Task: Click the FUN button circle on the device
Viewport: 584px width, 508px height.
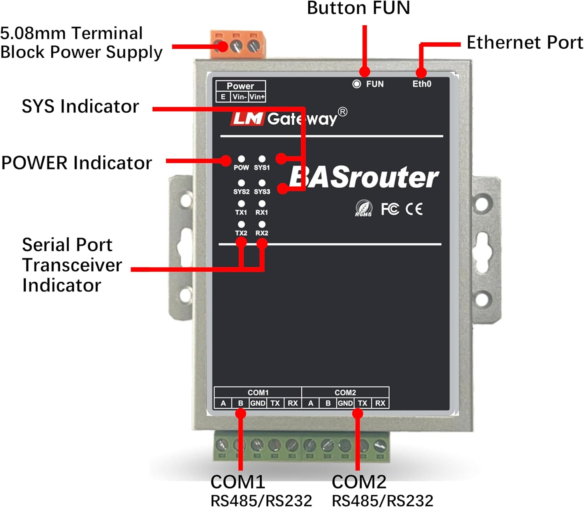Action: point(356,84)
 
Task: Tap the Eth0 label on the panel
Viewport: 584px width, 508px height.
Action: point(422,84)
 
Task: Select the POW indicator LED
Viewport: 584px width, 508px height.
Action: point(241,159)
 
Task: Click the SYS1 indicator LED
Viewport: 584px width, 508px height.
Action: point(262,159)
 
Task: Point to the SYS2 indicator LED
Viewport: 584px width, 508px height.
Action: point(241,183)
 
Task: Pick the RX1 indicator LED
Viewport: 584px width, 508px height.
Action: point(262,203)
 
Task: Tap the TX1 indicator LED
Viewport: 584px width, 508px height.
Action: point(241,203)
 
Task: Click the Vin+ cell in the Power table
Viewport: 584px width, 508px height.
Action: point(257,97)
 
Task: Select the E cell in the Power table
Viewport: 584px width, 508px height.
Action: point(223,97)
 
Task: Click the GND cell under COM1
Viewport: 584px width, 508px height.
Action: point(258,403)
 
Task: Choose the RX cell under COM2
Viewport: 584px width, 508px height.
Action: point(380,403)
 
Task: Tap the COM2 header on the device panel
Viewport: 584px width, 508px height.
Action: point(345,392)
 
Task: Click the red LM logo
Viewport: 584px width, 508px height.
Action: point(248,118)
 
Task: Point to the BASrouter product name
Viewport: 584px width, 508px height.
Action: point(364,178)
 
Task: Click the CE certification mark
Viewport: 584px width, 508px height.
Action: point(414,209)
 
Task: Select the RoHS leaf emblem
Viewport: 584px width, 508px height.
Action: point(364,208)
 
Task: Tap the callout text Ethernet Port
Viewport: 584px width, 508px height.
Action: point(524,42)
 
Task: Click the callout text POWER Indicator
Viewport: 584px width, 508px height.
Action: point(76,163)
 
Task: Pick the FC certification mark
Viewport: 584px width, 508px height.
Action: point(390,209)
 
